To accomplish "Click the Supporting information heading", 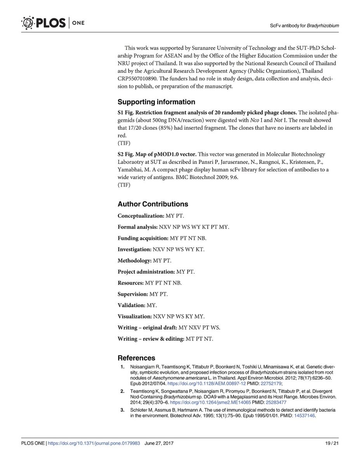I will (156, 102).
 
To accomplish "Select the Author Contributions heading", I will (153, 204).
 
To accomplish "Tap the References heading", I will (136, 358).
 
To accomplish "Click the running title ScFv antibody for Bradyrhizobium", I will (304, 26).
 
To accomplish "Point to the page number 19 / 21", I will (332, 443).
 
